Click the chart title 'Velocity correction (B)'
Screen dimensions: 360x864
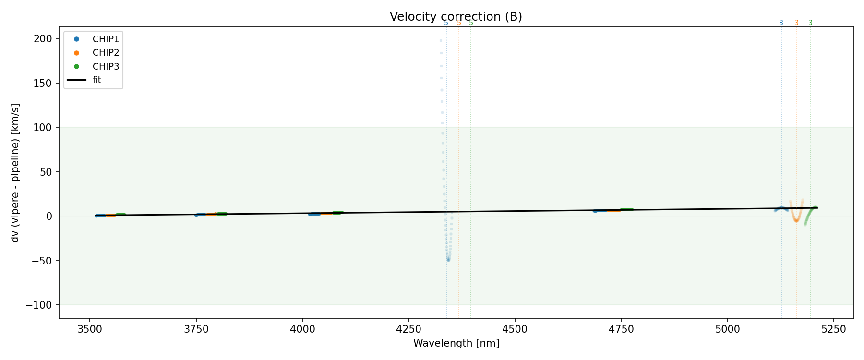coord(456,17)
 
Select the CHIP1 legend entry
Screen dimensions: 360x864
coord(106,39)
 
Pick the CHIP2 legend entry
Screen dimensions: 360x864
coord(106,53)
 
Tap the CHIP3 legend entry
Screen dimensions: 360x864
coord(106,67)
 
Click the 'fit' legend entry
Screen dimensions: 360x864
coord(97,80)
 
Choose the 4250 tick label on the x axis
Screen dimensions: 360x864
coord(408,329)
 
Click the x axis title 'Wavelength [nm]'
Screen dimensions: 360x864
coord(456,343)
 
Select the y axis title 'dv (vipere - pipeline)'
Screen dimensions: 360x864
coord(15,173)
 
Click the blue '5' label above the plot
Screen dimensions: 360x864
coord(446,23)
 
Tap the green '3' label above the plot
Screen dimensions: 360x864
coord(810,23)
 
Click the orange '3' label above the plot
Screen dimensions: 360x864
coord(796,23)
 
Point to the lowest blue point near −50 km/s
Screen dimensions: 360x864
coord(448,260)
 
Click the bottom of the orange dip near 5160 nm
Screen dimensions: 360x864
coord(796,221)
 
